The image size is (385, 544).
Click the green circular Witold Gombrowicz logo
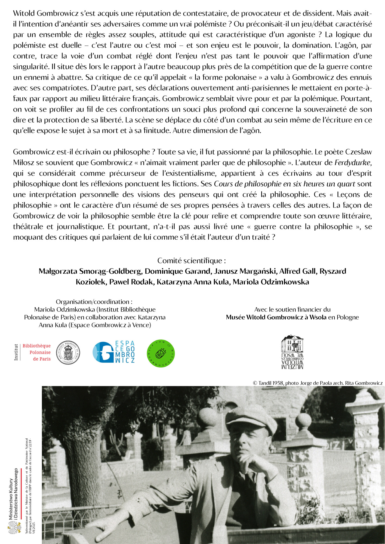coord(161,353)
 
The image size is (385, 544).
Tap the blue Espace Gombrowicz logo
coord(114,352)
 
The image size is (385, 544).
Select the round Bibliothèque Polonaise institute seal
coord(68,353)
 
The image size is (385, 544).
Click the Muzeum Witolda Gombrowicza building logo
coord(292,352)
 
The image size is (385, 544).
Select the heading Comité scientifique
coord(191,261)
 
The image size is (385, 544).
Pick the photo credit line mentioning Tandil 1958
coord(318,383)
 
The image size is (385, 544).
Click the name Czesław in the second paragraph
coord(358,152)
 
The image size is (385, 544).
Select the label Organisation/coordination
coord(94,302)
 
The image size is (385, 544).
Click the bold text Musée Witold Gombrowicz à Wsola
coord(276,317)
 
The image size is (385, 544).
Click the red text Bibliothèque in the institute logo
coord(36,346)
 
